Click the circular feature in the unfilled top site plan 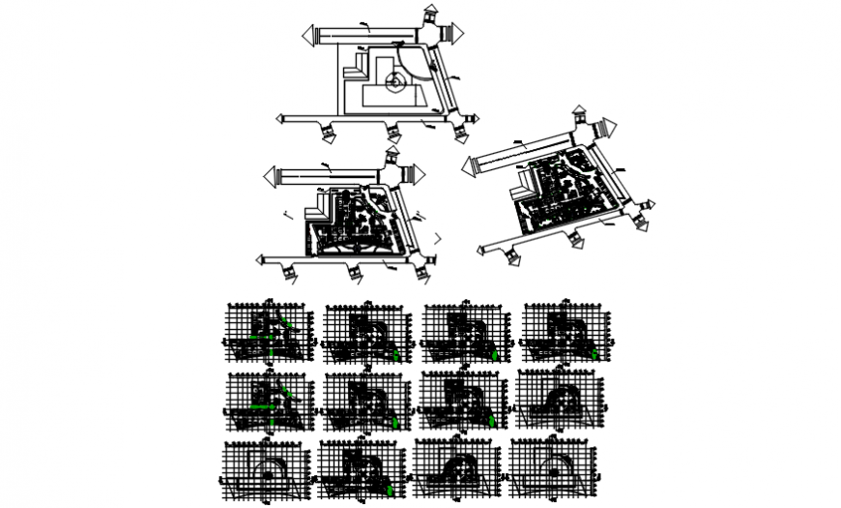coord(394,84)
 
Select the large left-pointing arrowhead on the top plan coord(310,36)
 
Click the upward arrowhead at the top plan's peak coord(430,11)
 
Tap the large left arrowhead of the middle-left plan coord(271,176)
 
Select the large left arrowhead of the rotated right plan coord(471,164)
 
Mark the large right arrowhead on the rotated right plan coord(609,126)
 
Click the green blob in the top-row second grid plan coord(396,355)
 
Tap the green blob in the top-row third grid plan coord(495,355)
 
